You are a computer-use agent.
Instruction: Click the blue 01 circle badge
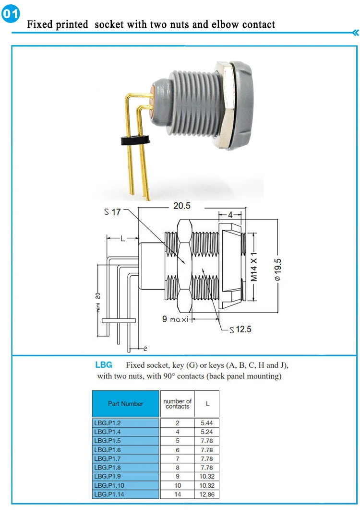click(x=11, y=13)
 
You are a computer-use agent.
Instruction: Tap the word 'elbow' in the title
click(x=225, y=24)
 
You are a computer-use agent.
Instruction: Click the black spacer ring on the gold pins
click(x=134, y=141)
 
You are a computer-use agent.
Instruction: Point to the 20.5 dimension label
click(x=182, y=206)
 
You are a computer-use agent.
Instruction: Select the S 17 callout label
click(x=112, y=212)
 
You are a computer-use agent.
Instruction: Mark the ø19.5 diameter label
click(x=278, y=269)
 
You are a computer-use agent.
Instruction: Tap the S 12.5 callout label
click(x=240, y=329)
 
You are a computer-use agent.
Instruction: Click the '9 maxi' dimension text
click(x=175, y=319)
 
